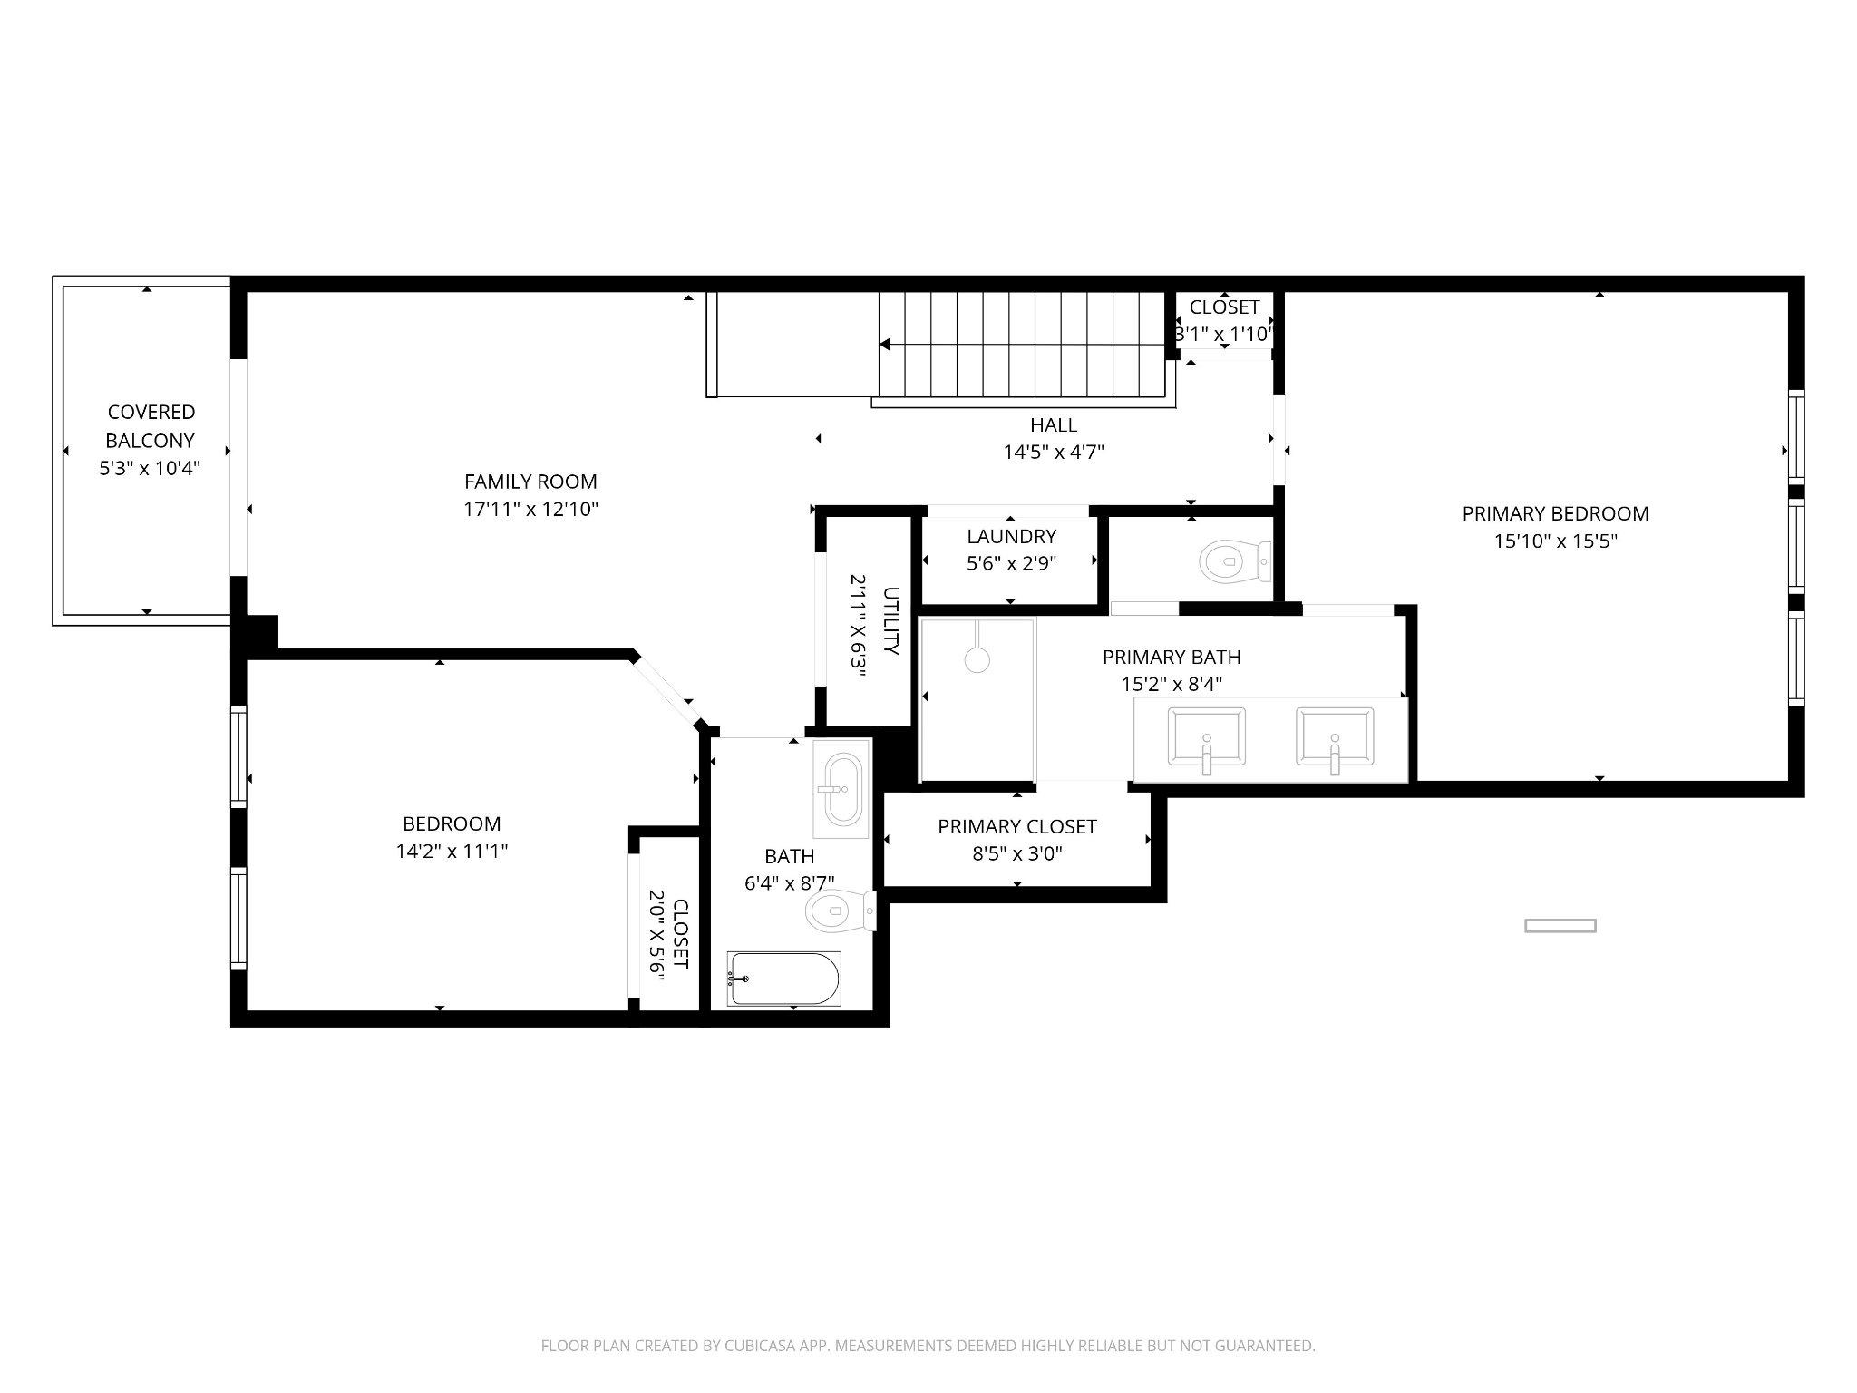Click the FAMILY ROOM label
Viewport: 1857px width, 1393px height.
[x=530, y=482]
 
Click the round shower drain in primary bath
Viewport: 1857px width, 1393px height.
[x=977, y=660]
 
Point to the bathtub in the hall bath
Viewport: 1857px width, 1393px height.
[x=784, y=979]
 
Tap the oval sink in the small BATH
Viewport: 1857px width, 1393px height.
[x=841, y=788]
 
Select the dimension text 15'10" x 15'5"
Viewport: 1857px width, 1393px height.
[x=1555, y=541]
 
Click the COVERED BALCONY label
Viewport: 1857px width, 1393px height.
[x=151, y=426]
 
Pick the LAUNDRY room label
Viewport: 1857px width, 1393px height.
[x=1011, y=536]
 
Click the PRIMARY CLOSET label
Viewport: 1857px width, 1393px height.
[x=1016, y=826]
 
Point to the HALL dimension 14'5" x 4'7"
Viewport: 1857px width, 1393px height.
[x=1053, y=452]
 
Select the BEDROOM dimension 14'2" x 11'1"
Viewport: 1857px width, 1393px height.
[x=452, y=852]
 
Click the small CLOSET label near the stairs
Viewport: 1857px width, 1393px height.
[x=1224, y=307]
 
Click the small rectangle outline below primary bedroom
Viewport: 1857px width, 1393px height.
[x=1560, y=925]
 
